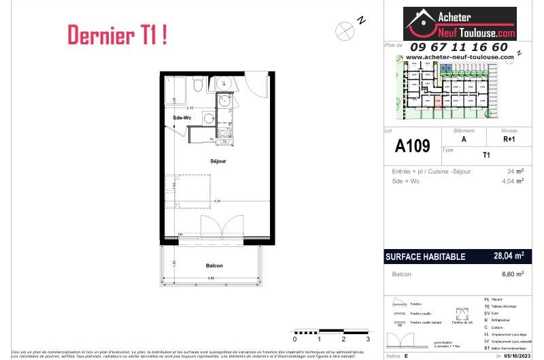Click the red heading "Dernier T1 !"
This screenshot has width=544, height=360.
click(x=117, y=35)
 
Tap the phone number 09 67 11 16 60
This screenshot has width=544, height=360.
click(x=459, y=47)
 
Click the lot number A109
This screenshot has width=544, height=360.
click(x=412, y=146)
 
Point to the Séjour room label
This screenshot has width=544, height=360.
click(x=218, y=161)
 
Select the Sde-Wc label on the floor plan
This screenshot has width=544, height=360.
click(x=182, y=118)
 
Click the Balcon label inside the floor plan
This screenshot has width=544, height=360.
click(x=215, y=266)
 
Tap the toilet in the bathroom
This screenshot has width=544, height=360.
click(x=197, y=86)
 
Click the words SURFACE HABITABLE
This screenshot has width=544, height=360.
click(x=425, y=257)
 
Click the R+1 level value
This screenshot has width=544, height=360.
click(x=509, y=138)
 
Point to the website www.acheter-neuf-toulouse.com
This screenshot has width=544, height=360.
click(x=460, y=57)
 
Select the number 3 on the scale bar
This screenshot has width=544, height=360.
click(x=368, y=338)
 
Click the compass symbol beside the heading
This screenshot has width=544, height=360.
click(x=344, y=29)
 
